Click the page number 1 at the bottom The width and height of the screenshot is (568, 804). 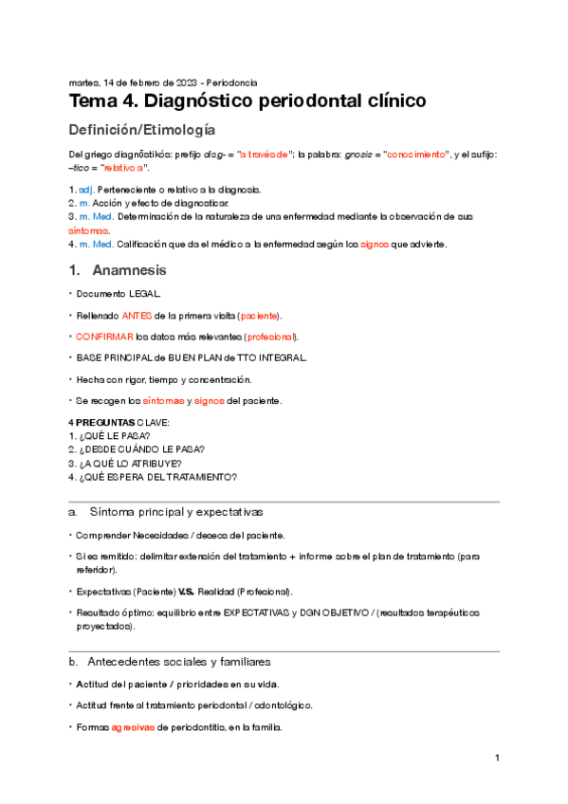497,758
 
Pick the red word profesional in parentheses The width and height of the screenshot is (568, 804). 269,336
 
